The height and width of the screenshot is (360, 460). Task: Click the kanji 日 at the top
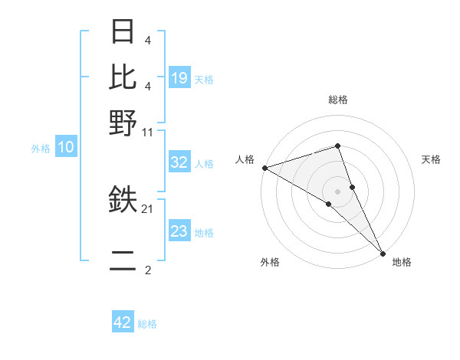click(123, 32)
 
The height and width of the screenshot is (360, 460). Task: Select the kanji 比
click(123, 76)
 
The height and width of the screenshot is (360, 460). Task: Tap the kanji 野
click(123, 122)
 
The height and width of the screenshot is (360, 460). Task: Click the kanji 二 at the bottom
click(123, 263)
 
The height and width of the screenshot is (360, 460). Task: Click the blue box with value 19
click(179, 77)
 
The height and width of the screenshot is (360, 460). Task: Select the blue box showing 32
click(179, 162)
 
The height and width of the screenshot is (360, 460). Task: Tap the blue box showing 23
click(179, 231)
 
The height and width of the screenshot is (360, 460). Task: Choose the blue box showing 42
click(123, 322)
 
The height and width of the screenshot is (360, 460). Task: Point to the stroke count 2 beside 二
click(147, 270)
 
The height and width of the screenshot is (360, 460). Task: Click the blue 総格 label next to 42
click(147, 324)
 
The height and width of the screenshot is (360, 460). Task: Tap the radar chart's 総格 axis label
click(338, 100)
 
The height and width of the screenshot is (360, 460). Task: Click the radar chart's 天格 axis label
click(432, 159)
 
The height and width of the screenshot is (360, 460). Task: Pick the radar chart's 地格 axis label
click(402, 262)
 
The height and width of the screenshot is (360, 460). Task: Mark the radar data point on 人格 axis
click(264, 168)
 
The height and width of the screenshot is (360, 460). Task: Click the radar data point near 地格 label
click(383, 252)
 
